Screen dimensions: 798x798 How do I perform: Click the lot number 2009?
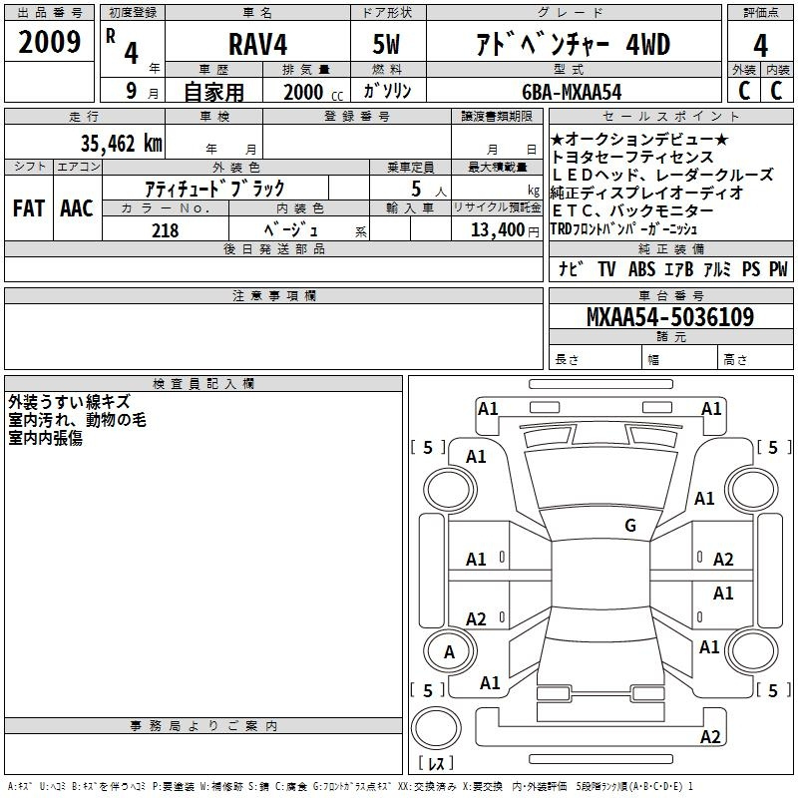pos(49,42)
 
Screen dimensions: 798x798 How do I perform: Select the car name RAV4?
pos(257,44)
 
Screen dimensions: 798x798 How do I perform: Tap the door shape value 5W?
pos(386,44)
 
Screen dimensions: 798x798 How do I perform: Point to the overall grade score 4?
pos(760,46)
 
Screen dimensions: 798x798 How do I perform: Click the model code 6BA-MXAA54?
pos(572,92)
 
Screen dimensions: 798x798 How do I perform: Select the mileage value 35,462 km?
pos(121,143)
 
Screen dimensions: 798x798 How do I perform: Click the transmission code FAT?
pos(29,208)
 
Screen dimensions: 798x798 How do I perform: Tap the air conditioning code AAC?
pos(77,208)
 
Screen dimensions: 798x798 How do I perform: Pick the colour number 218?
pos(165,230)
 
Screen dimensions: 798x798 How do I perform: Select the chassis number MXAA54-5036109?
pos(670,316)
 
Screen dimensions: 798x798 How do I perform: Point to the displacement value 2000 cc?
pos(313,92)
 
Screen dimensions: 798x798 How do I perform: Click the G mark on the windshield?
pos(630,525)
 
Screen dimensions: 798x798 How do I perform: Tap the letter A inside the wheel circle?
pos(449,652)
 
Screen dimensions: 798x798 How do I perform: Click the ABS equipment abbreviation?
pos(641,269)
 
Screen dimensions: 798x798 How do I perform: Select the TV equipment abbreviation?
pos(606,269)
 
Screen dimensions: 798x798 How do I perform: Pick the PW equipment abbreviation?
pos(778,269)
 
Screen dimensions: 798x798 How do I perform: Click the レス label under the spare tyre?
pos(436,762)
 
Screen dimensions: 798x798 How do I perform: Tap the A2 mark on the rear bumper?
pos(710,737)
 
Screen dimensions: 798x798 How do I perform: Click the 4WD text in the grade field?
pos(647,44)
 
